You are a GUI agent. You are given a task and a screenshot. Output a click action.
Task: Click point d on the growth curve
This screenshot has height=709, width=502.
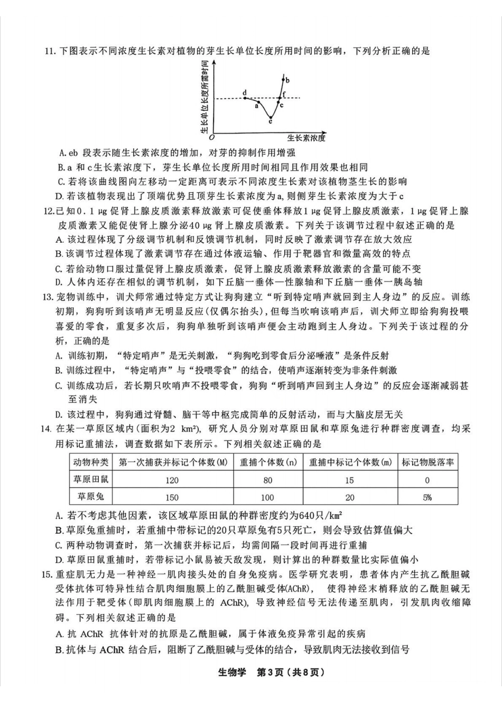point(245,98)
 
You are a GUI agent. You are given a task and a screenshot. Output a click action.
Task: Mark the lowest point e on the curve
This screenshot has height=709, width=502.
point(270,118)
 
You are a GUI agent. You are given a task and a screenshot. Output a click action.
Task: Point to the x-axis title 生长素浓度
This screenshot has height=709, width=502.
point(306,138)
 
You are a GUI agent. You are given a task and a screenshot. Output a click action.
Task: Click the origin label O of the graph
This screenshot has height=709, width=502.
point(211,137)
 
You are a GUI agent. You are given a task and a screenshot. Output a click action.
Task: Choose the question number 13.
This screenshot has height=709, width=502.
point(49,297)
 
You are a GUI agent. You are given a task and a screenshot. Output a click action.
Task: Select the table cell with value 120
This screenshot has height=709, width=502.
point(172,480)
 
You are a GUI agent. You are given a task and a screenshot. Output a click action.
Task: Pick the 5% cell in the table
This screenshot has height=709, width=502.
point(427,497)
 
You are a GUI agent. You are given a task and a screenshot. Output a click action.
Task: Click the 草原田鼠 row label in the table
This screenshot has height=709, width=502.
point(91,479)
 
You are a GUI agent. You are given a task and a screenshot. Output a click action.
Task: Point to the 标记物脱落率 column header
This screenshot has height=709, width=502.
point(427,462)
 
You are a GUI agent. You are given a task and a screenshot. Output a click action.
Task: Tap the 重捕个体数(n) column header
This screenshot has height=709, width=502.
point(268,462)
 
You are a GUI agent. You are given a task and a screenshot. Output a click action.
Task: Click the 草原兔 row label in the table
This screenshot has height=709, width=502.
point(91,497)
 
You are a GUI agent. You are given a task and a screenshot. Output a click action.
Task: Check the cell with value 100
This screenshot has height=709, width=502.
point(268,497)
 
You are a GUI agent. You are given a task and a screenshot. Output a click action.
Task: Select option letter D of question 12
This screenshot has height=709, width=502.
point(60,282)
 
